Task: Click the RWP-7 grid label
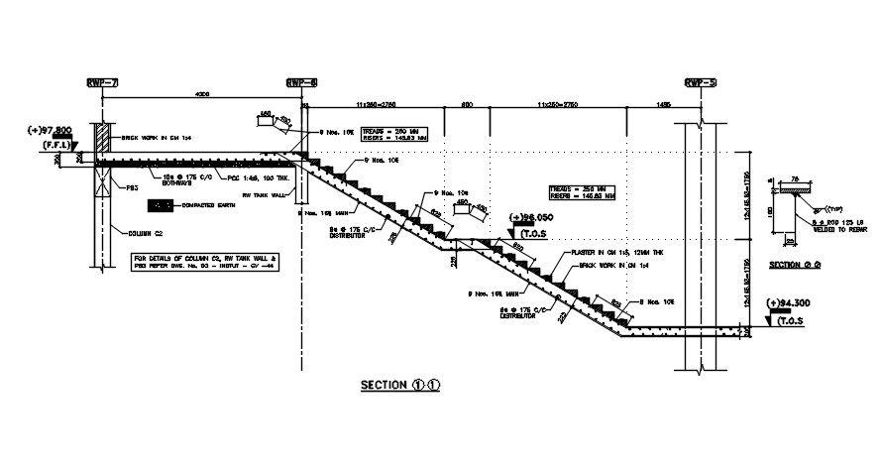[101, 83]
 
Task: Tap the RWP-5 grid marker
[700, 83]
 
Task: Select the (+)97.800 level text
[52, 131]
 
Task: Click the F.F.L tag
[54, 146]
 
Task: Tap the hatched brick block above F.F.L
[102, 140]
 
